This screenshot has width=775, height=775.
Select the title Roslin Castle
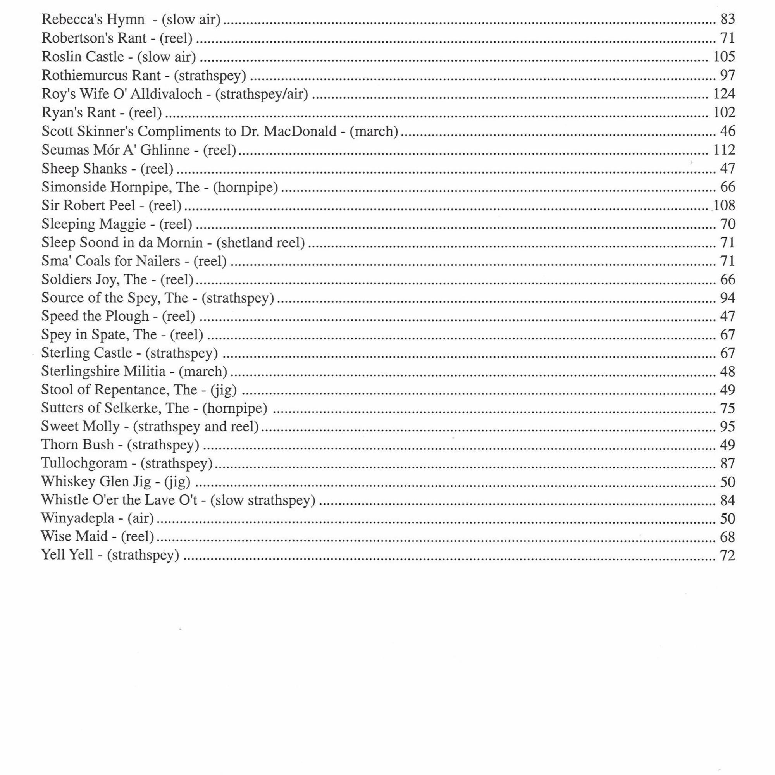click(x=83, y=57)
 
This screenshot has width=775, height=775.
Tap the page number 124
click(x=724, y=93)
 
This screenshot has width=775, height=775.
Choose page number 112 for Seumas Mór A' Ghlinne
click(x=724, y=150)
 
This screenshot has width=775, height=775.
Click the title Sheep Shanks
click(x=84, y=169)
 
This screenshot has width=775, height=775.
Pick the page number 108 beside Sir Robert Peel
click(x=724, y=205)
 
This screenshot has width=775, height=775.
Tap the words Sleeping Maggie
click(x=93, y=224)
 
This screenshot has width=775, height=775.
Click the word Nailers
click(x=158, y=261)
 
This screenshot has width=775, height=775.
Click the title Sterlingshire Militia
click(x=103, y=372)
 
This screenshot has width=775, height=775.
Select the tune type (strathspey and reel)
click(x=196, y=426)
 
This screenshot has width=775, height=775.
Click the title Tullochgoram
click(x=84, y=463)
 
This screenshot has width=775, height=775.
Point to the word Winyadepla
click(x=77, y=518)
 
